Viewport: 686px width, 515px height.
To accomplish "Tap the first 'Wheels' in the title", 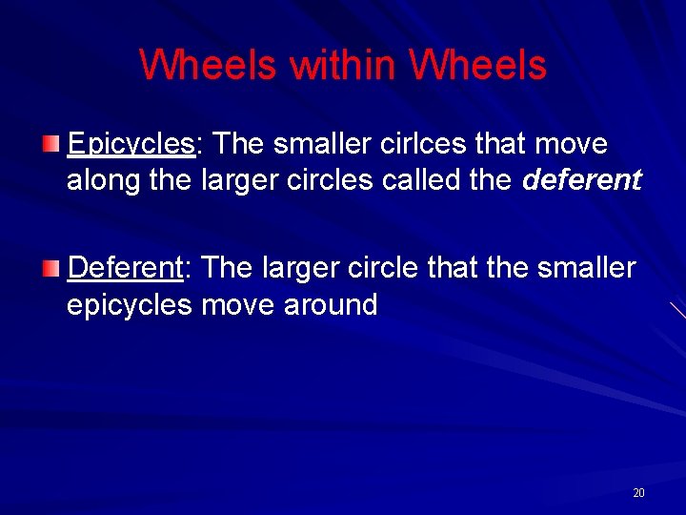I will pyautogui.click(x=209, y=65).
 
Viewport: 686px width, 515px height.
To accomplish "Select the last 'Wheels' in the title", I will pyautogui.click(x=477, y=65).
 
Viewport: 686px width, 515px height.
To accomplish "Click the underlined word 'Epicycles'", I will pyautogui.click(x=131, y=145).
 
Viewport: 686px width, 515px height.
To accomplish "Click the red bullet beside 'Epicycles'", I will pyautogui.click(x=50, y=144).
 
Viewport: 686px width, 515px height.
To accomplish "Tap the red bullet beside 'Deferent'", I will pyautogui.click(x=50, y=268).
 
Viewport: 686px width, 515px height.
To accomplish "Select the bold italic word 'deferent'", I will pyautogui.click(x=582, y=180).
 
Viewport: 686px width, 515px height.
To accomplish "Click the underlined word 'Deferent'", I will pyautogui.click(x=125, y=268).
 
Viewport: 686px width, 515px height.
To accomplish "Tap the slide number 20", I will pyautogui.click(x=638, y=493).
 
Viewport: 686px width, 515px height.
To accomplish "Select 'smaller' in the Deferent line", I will pyautogui.click(x=586, y=268).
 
